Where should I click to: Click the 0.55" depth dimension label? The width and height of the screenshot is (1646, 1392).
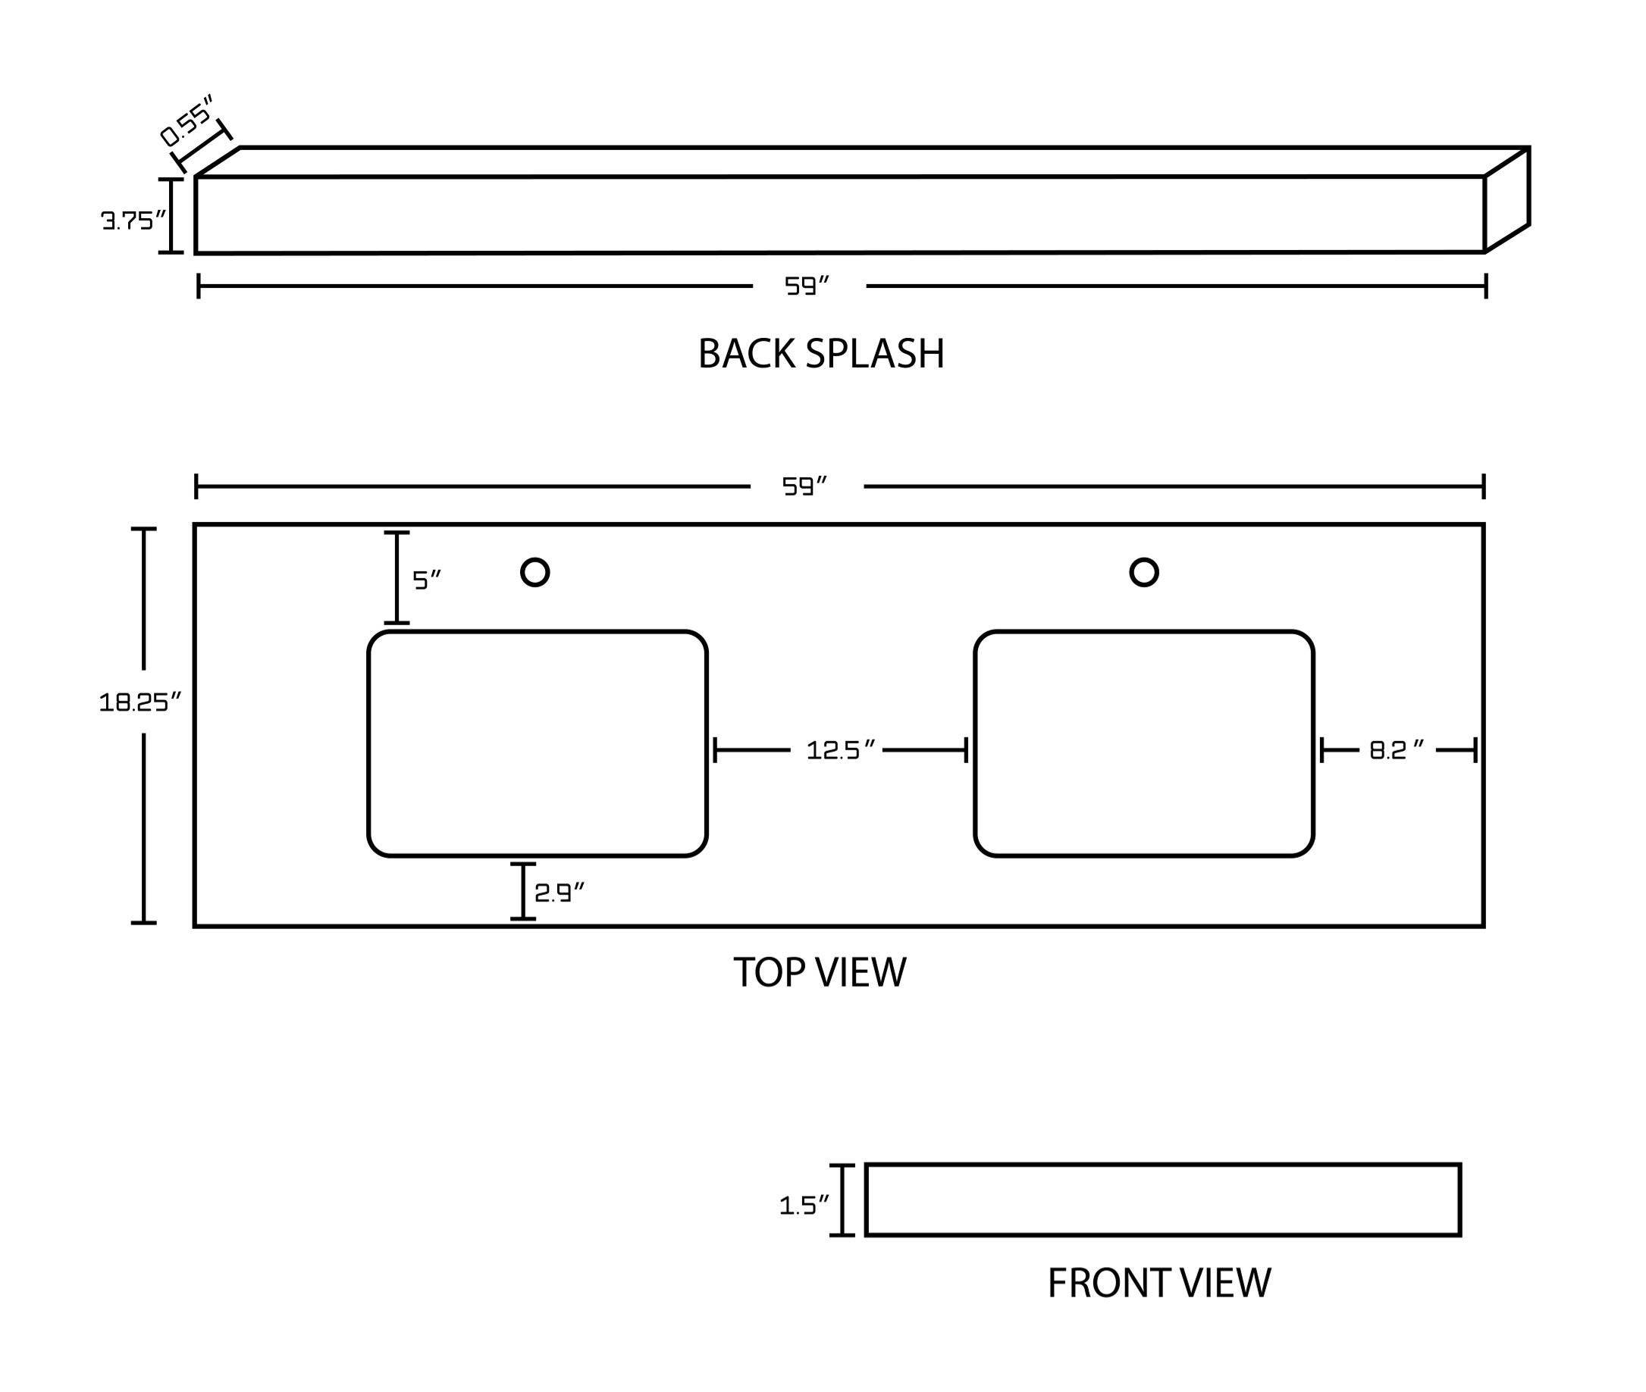point(187,121)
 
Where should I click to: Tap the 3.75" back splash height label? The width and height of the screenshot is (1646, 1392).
point(133,221)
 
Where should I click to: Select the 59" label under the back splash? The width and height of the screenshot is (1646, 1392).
point(807,286)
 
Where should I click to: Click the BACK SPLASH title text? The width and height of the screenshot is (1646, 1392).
point(821,354)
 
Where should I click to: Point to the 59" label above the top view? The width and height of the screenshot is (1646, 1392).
point(804,487)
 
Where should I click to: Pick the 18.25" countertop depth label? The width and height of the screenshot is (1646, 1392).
point(140,702)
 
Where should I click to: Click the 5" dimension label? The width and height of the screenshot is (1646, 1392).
point(426,580)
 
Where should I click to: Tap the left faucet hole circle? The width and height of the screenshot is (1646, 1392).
point(535,572)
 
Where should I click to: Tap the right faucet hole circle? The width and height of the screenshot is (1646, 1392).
point(1144,572)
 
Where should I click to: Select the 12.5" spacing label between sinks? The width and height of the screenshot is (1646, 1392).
point(840,750)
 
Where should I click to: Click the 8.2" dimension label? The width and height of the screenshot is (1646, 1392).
point(1396,750)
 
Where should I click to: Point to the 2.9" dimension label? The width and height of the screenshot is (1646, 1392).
point(559,893)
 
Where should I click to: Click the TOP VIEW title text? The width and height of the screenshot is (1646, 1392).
point(820,972)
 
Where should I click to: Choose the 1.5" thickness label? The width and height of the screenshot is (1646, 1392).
point(804,1205)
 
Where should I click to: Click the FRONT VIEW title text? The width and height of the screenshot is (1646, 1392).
point(1159,1283)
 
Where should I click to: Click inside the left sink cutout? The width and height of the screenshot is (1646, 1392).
point(537,743)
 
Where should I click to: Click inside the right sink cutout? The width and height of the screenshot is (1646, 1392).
point(1144,743)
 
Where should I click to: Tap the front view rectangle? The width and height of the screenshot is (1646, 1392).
point(1163,1200)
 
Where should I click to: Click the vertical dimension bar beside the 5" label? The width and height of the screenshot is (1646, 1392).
point(397,577)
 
